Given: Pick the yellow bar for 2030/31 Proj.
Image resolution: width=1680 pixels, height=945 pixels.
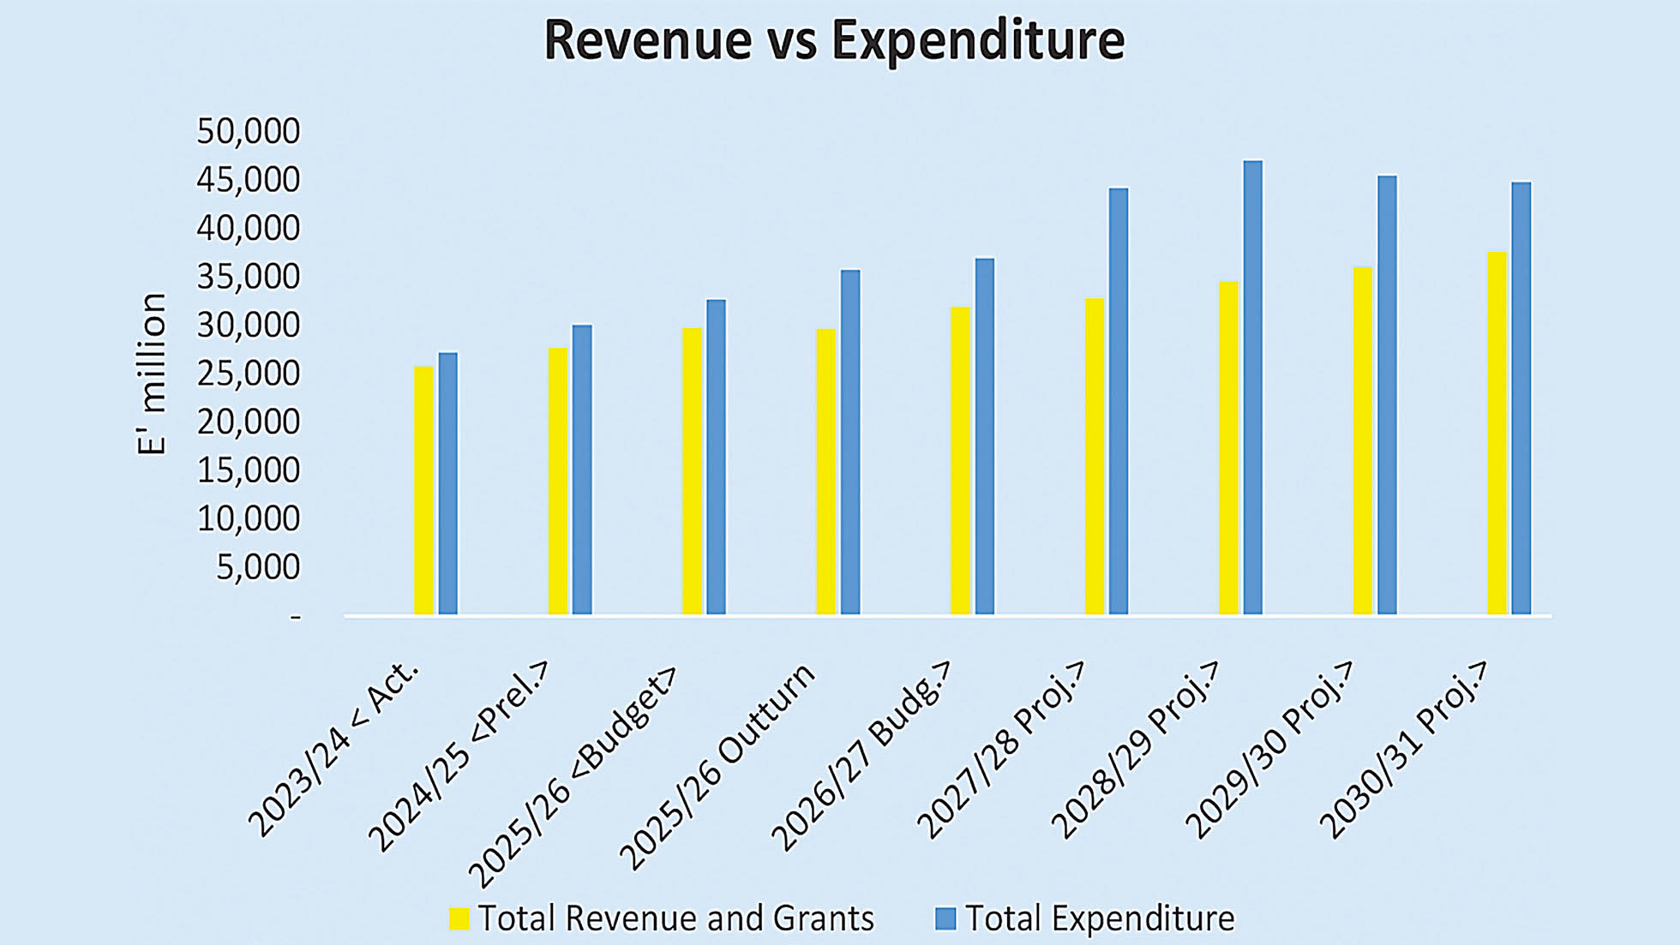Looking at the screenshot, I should [1497, 433].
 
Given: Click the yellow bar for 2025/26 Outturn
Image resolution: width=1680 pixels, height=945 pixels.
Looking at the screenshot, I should [825, 471].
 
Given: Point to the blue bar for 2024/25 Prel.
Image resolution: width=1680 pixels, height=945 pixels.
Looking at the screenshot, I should [582, 470].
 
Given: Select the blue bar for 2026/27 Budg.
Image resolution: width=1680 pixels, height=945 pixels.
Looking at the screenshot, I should [984, 436].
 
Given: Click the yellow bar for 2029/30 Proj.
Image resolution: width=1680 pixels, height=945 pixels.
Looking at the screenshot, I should [1362, 440].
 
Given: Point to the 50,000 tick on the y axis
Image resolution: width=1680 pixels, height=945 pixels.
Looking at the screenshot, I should [249, 131].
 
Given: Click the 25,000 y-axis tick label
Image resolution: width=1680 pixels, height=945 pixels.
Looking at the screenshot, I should [249, 374].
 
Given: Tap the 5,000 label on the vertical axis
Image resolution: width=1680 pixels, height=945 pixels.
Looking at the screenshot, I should [257, 567].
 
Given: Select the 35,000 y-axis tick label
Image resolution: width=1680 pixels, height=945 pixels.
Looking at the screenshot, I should [249, 277].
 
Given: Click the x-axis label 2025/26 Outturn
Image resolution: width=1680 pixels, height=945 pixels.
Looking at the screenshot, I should [718, 765].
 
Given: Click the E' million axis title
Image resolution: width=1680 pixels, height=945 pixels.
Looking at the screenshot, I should [152, 374].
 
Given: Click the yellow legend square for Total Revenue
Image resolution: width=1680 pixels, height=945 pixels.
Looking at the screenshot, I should [459, 918].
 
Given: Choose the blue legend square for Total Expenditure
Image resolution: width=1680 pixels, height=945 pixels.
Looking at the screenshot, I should [945, 918].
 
